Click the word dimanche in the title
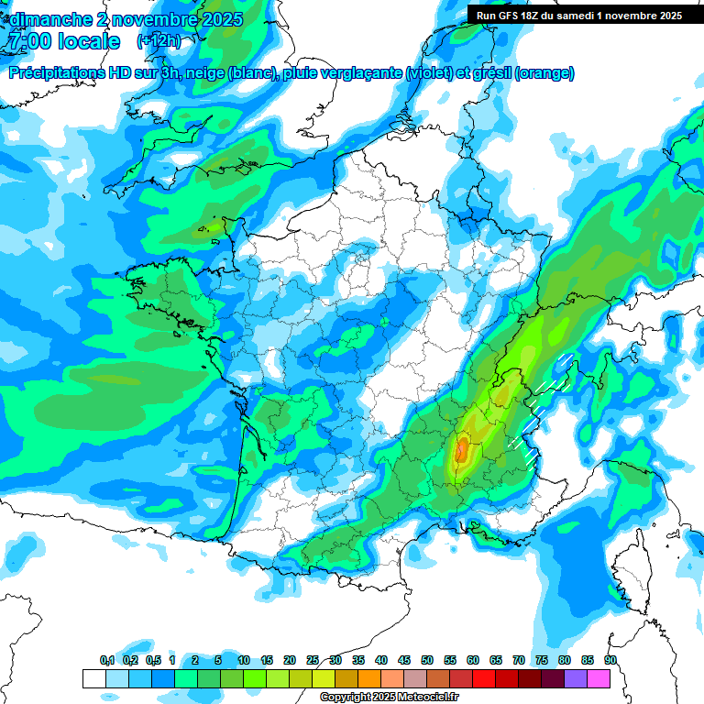(x=46, y=19)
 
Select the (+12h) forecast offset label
(x=159, y=41)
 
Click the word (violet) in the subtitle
(x=428, y=73)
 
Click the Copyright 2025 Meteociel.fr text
(x=390, y=698)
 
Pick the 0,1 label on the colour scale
(x=106, y=661)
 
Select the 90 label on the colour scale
(x=610, y=661)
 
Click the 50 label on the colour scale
(x=427, y=661)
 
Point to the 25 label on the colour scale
(x=313, y=661)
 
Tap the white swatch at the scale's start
(x=93, y=678)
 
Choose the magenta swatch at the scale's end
(x=599, y=678)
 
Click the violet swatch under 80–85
(x=576, y=678)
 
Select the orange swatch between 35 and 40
(x=369, y=678)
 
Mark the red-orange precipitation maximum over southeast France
(x=463, y=449)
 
